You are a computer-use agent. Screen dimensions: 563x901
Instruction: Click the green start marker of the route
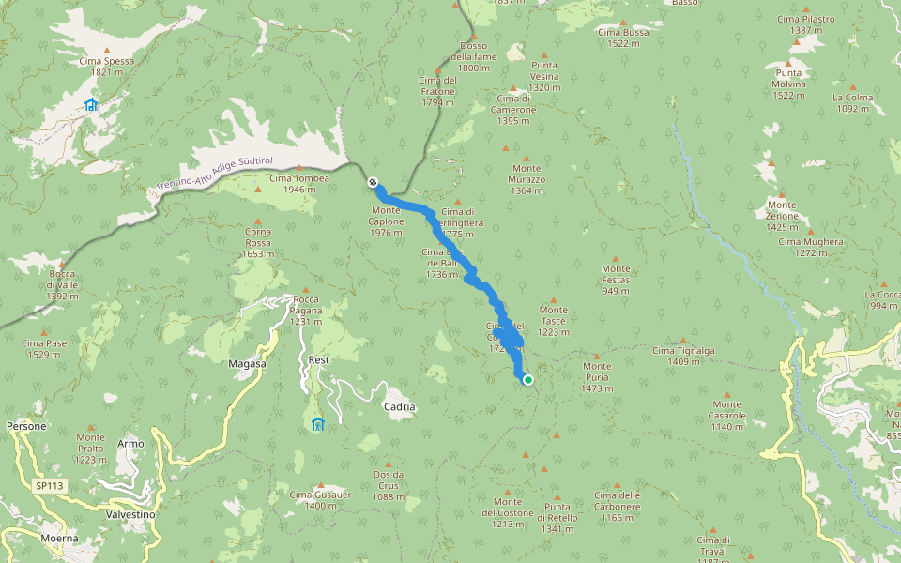pyautogui.click(x=528, y=380)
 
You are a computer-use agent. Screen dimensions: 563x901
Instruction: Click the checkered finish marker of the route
pyautogui.click(x=374, y=182)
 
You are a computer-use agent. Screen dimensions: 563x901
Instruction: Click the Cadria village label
pyautogui.click(x=399, y=407)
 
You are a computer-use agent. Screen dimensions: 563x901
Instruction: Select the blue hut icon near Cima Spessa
pyautogui.click(x=91, y=105)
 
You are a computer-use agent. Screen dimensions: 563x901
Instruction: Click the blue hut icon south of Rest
pyautogui.click(x=317, y=424)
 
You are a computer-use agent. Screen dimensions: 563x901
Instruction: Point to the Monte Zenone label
pyautogui.click(x=781, y=210)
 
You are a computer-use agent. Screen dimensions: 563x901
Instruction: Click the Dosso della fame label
pyautogui.click(x=474, y=57)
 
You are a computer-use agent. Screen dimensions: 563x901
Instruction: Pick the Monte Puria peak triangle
pyautogui.click(x=595, y=355)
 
